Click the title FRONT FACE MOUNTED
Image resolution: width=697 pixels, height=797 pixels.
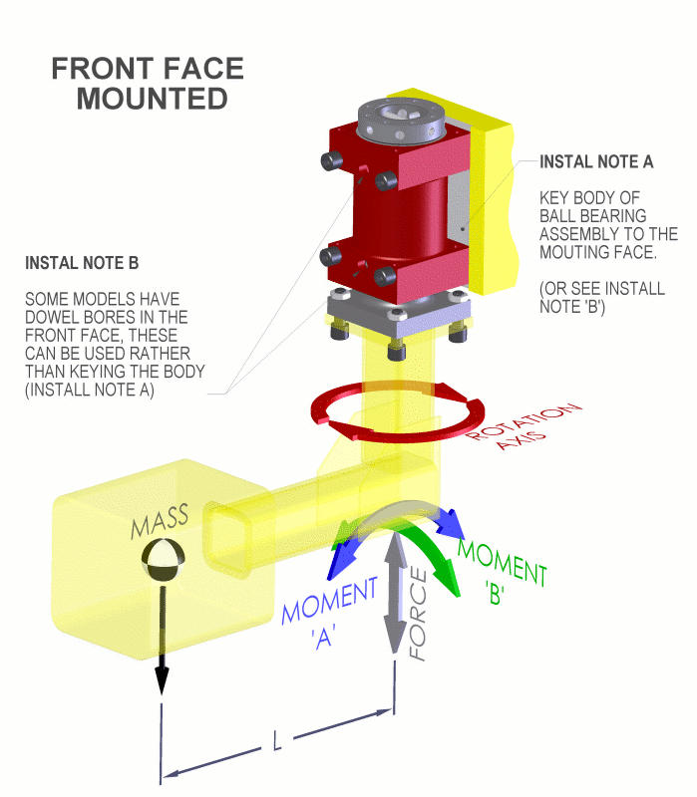[x=148, y=84]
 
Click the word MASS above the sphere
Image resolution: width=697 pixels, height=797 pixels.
[x=160, y=524]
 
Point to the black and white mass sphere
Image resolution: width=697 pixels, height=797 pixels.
[x=162, y=562]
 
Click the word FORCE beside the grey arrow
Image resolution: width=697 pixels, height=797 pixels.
[x=420, y=617]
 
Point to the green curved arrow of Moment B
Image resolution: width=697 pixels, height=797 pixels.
[x=438, y=558]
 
